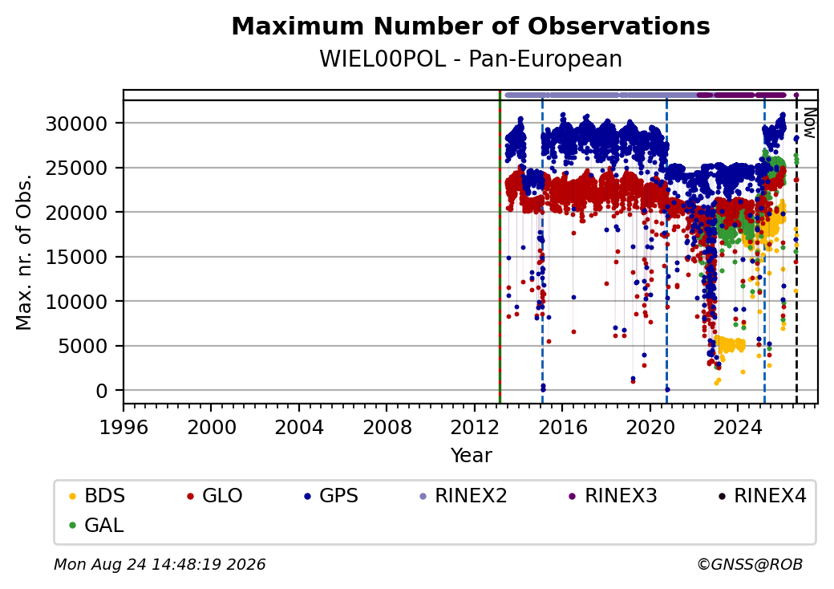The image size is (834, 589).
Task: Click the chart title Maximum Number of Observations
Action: click(471, 26)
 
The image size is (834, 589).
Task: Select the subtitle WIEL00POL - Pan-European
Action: click(471, 59)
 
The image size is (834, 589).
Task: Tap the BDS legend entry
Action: click(97, 496)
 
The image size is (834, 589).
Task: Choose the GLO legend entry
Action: click(215, 496)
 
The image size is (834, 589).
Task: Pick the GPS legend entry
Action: click(331, 496)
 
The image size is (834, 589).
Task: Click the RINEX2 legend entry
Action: click(464, 496)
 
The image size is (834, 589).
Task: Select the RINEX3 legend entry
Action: click(613, 496)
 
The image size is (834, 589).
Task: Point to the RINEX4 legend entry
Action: click(763, 496)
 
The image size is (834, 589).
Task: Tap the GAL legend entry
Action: click(97, 525)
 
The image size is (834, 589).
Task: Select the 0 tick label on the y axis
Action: click(102, 392)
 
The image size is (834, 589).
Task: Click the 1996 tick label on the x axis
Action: click(123, 427)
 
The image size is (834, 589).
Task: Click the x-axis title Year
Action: click(472, 456)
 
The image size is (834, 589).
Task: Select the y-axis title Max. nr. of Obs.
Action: click(24, 252)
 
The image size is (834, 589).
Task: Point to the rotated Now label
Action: click(809, 123)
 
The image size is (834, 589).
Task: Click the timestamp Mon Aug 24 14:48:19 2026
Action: click(160, 564)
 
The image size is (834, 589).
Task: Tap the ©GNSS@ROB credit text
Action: click(750, 564)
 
